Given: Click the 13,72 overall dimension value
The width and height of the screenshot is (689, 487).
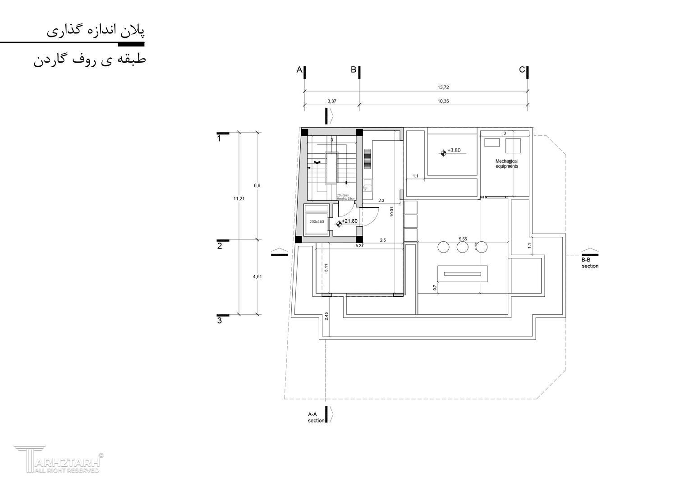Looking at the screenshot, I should pos(443,87).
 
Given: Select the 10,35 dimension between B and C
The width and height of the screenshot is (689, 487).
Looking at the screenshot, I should pos(443,101).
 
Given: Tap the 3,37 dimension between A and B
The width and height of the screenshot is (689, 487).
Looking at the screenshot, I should pos(332,101).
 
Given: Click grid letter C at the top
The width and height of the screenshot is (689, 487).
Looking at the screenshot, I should pos(522,70).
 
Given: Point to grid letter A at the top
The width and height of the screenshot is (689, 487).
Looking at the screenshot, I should pos(299,70).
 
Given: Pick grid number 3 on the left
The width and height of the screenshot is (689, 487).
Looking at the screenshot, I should pos(220,321).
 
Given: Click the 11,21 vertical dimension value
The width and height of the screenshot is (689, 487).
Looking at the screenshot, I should pos(239,198).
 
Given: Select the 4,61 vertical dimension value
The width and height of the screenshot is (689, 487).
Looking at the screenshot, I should pos(257,277).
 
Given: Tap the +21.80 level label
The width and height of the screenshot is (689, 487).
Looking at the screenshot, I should pos(349,221).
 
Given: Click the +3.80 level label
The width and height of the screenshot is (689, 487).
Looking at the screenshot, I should pos(454,151).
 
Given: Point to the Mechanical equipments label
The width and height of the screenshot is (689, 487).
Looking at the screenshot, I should pos(507,164).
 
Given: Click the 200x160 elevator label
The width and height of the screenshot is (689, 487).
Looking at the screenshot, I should pos(317,221).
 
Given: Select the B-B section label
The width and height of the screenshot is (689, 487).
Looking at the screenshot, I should pos(590,263).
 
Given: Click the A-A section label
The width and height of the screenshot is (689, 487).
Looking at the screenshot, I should pos(316,417).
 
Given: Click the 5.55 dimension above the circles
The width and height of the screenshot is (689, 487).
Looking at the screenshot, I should pos(463,239).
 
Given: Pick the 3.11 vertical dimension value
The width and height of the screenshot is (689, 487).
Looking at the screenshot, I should pos(326,268).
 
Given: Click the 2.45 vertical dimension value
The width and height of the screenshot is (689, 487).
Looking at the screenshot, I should pos(326,316).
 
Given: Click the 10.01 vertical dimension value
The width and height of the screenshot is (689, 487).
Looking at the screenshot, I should pos(392,212).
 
